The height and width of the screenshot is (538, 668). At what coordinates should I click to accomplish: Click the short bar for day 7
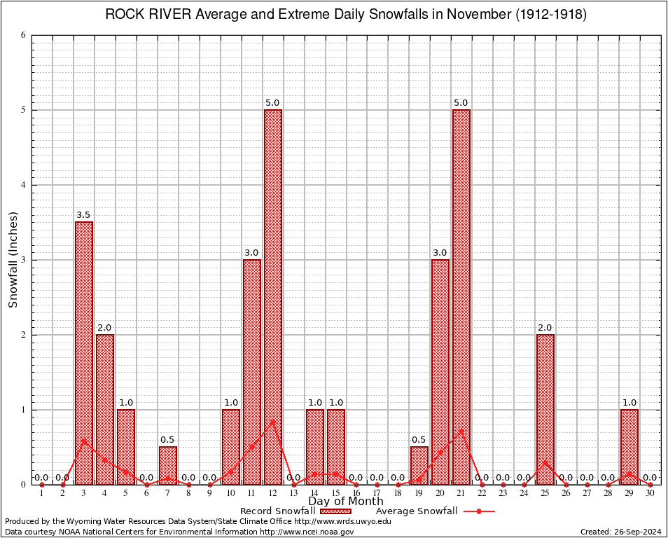(x=168, y=465)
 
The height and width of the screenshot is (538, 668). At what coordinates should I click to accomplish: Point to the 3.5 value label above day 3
(x=84, y=215)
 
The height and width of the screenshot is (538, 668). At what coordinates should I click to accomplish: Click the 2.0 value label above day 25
(x=545, y=328)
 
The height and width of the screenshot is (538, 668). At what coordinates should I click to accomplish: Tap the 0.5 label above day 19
(x=419, y=440)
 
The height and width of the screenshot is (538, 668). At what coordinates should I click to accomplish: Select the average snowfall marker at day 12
(x=273, y=421)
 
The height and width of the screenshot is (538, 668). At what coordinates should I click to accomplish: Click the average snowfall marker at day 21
(x=461, y=429)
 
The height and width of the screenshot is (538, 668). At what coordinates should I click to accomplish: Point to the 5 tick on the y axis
(x=24, y=110)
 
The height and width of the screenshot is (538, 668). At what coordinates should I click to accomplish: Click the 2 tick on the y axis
(x=24, y=335)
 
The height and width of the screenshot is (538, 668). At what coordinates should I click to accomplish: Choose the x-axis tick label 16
(x=356, y=492)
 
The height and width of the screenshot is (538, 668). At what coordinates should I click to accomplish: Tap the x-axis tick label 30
(x=650, y=492)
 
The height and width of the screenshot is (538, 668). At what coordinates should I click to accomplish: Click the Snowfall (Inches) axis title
(x=13, y=260)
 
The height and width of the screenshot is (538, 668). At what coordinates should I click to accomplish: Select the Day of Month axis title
(x=346, y=502)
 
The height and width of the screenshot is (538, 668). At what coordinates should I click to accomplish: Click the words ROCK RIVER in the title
(x=143, y=15)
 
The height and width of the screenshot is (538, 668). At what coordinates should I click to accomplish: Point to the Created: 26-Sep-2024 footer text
(x=620, y=532)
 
